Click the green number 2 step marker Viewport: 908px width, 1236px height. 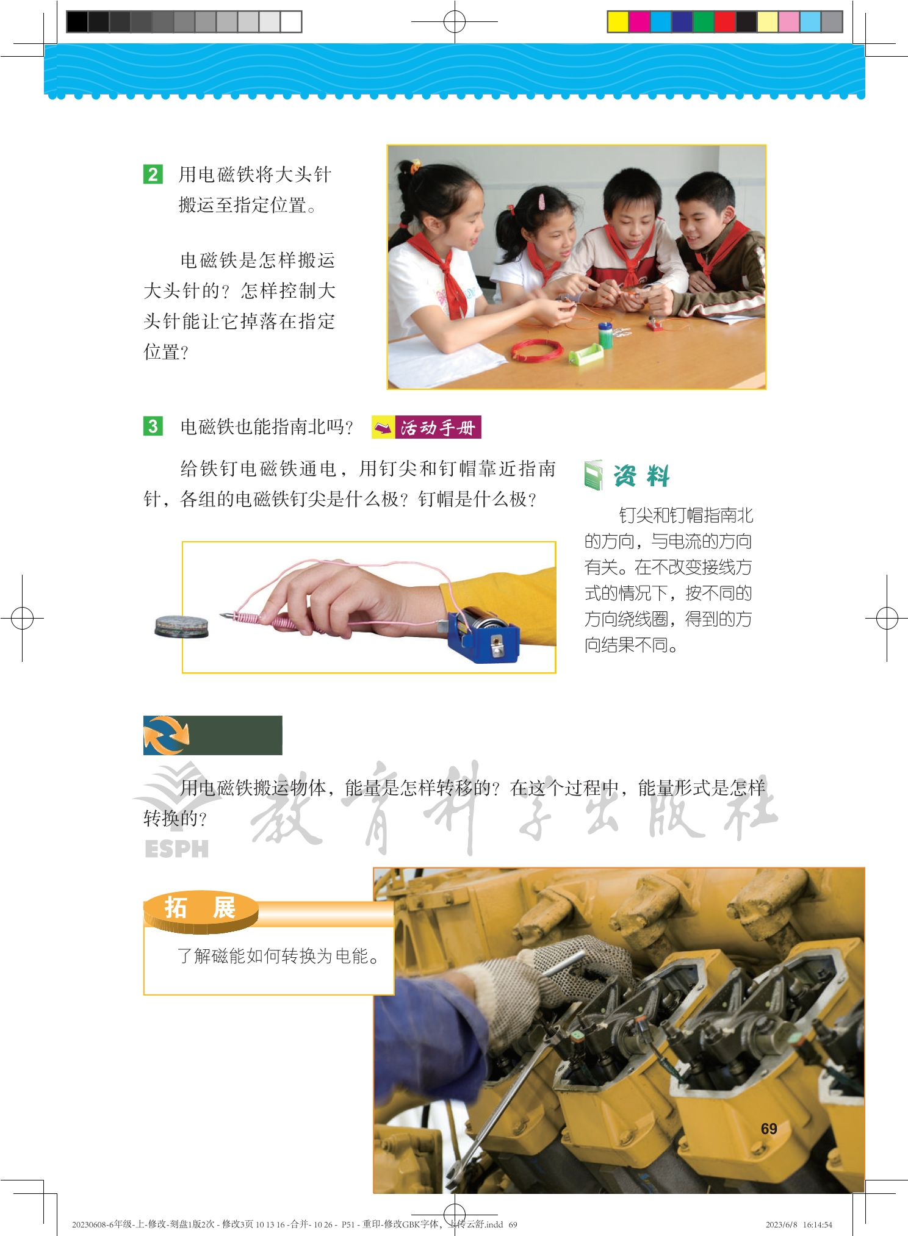[x=153, y=174]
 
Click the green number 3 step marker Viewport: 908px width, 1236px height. [x=153, y=426]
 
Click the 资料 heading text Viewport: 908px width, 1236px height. [x=641, y=476]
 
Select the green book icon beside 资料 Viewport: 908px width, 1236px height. [x=593, y=475]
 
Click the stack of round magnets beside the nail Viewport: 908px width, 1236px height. [x=181, y=627]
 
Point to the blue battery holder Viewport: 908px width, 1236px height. [x=483, y=634]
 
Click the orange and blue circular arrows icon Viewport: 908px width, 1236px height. [x=167, y=735]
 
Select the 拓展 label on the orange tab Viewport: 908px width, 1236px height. [x=200, y=908]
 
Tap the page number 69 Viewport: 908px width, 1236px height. [x=769, y=1129]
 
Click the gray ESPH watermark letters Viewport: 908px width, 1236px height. [x=177, y=849]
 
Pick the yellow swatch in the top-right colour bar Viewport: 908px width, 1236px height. [x=618, y=22]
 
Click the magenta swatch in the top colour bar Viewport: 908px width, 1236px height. [x=639, y=22]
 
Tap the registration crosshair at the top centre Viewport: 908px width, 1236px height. [x=455, y=22]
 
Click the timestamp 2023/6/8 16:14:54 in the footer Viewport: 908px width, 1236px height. [x=799, y=1224]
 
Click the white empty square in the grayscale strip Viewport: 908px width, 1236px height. [x=291, y=22]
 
